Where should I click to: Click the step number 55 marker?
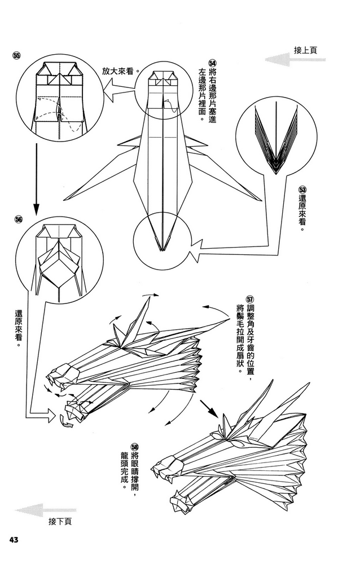(16, 55)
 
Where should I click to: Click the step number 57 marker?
(251, 299)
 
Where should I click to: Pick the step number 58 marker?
(135, 446)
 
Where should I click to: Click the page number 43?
(14, 540)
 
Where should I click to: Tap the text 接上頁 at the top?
(305, 50)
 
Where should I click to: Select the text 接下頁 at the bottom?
(60, 522)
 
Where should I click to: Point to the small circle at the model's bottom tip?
(162, 237)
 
